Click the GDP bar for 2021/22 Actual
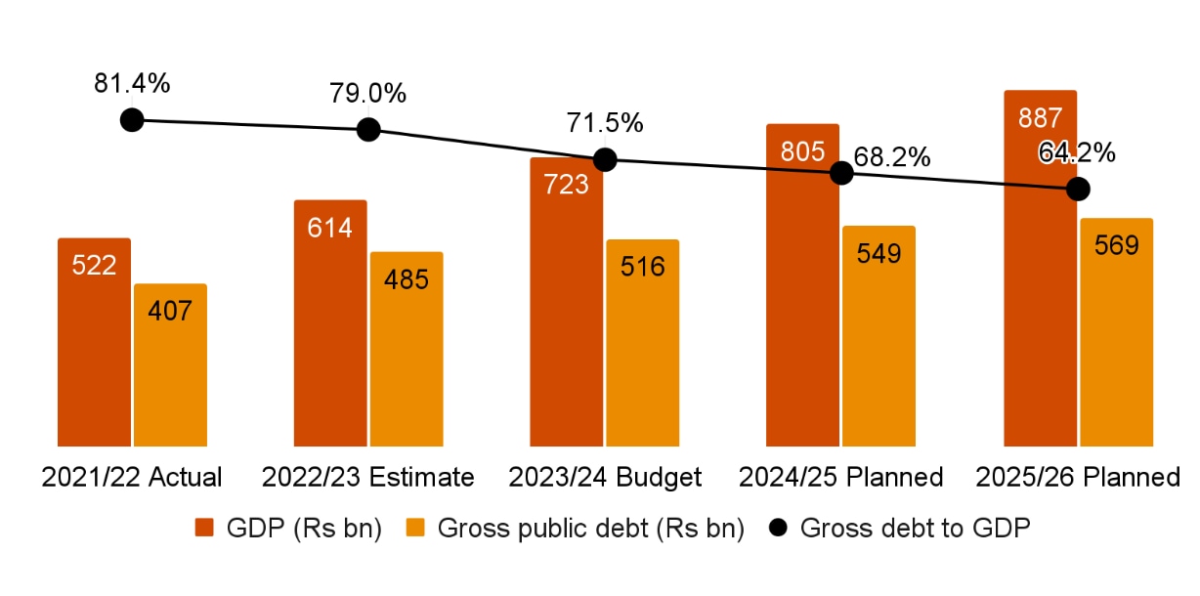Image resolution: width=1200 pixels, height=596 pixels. click(x=94, y=342)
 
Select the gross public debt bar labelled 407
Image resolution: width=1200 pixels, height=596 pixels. click(x=170, y=365)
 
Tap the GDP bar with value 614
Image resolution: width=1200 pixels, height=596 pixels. click(x=330, y=323)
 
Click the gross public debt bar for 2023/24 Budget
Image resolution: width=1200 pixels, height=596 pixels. click(x=642, y=343)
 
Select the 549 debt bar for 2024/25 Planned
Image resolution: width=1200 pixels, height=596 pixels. click(x=879, y=336)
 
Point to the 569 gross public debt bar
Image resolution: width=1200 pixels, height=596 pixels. click(x=1116, y=332)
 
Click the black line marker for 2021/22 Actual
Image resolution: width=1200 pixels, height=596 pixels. click(x=132, y=120)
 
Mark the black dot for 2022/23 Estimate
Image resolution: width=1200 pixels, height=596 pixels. click(x=368, y=129)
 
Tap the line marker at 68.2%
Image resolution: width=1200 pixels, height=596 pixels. click(x=841, y=173)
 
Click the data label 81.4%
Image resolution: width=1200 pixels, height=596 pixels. click(x=132, y=84)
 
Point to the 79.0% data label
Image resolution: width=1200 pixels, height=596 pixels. click(x=367, y=94)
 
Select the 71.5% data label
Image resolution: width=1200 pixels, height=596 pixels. click(x=605, y=124)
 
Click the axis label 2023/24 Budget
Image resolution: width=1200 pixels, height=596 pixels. click(x=605, y=478)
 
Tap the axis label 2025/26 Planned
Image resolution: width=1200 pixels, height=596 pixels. click(x=1078, y=478)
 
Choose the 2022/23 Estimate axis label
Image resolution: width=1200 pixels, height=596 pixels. click(x=368, y=478)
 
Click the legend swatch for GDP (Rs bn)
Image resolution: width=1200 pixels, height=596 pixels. click(x=204, y=529)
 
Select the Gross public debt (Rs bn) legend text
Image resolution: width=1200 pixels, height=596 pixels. click(x=591, y=529)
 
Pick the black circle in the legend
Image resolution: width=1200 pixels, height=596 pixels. click(x=779, y=529)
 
